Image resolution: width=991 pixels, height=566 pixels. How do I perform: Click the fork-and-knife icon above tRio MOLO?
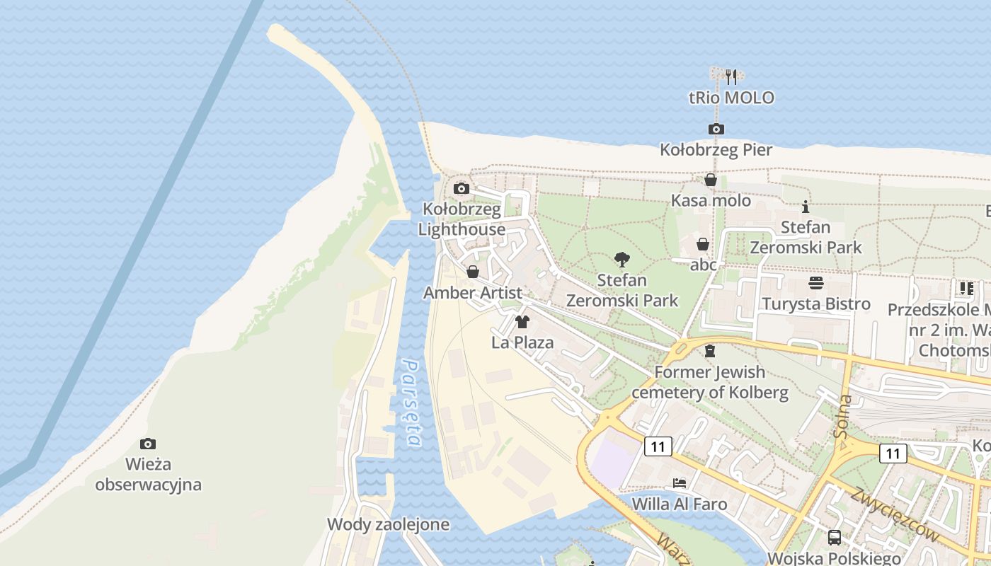732,76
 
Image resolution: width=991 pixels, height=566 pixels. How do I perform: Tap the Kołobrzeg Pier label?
716,150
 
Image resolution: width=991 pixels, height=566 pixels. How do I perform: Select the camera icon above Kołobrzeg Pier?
716,129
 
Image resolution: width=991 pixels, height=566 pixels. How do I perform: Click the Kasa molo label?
711,200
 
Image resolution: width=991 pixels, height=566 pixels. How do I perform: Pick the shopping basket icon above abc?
703,244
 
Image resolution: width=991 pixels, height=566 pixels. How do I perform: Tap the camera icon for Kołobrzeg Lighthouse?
461,188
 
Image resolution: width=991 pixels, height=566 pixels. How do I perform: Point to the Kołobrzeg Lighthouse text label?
462,219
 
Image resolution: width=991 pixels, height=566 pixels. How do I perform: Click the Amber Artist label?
473,292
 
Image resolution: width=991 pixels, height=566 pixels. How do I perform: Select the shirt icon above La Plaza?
522,322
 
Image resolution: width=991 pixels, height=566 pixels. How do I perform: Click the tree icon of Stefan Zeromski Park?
622,259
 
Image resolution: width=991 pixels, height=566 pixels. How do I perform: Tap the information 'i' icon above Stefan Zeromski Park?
805,207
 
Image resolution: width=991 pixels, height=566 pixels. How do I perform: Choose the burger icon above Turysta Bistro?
815,283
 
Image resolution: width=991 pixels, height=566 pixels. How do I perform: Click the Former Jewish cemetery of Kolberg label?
709,382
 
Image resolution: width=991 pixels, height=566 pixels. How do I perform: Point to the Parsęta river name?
412,402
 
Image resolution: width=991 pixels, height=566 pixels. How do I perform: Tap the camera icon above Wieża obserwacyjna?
148,444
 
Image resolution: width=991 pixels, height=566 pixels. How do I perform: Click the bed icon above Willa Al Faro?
680,483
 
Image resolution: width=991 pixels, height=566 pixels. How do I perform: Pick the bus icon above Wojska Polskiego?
835,537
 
